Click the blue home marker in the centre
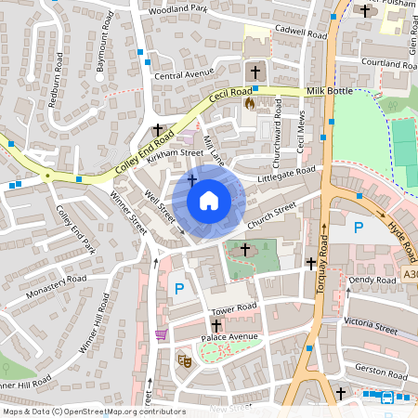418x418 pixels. (x=209, y=200)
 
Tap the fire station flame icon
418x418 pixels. (x=249, y=105)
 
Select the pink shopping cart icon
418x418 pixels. (x=162, y=334)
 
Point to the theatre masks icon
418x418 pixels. (x=185, y=357)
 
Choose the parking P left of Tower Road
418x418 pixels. (x=179, y=290)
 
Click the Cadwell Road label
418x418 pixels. (x=302, y=33)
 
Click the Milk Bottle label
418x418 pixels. (x=331, y=92)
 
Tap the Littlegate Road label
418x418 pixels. (x=288, y=173)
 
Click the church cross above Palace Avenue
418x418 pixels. (x=216, y=327)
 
